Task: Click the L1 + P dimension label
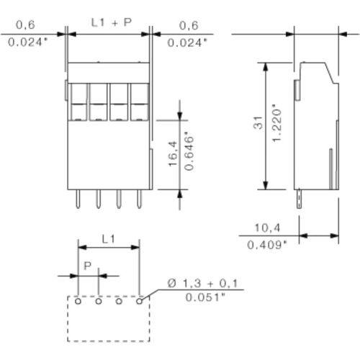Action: (112, 22)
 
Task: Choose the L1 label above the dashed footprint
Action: (108, 238)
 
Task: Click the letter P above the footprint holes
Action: (87, 266)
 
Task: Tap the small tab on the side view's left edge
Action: (297, 89)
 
